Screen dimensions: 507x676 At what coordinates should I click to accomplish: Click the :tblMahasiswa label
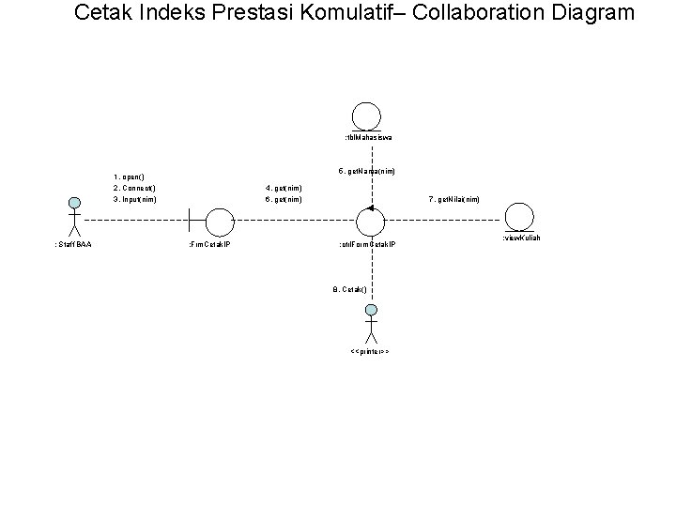click(367, 138)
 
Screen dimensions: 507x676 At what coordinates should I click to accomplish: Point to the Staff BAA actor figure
click(72, 217)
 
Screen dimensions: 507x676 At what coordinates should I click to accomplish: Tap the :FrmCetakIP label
click(211, 244)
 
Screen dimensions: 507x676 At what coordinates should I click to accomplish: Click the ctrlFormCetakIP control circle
click(371, 222)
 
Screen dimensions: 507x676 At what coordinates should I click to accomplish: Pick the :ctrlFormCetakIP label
click(367, 244)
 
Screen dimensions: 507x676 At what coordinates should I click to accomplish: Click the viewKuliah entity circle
click(519, 217)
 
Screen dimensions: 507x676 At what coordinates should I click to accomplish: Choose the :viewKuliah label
click(521, 238)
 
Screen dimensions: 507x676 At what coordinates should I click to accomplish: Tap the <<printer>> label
click(369, 351)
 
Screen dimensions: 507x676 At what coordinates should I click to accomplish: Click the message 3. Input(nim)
click(134, 199)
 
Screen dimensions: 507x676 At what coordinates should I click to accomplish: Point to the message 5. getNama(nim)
click(366, 172)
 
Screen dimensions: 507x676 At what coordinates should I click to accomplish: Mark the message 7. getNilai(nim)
click(454, 199)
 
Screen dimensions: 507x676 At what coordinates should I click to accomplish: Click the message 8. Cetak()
click(349, 289)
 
